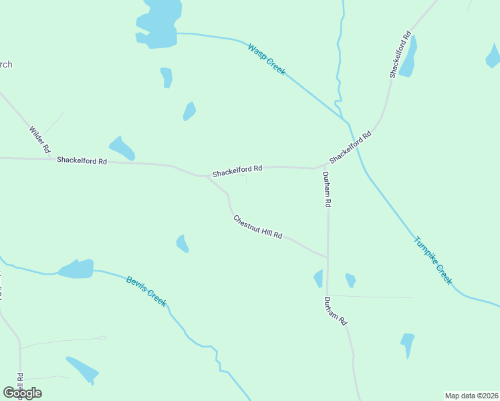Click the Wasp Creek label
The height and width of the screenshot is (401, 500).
(x=266, y=59)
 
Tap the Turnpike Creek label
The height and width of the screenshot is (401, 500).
(x=433, y=261)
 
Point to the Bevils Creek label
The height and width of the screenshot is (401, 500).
(x=146, y=291)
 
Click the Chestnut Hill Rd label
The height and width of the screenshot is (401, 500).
(x=258, y=227)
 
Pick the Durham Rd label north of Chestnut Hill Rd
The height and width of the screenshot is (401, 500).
(x=327, y=188)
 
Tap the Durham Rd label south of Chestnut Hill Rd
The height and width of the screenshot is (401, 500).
(x=336, y=311)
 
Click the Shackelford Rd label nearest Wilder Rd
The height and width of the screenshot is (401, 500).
(x=82, y=160)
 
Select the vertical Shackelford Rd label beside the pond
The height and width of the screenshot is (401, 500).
(x=399, y=55)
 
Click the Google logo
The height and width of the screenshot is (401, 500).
(x=22, y=392)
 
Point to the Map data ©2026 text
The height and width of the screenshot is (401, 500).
(x=471, y=396)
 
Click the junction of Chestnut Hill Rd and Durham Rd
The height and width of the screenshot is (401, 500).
(x=328, y=257)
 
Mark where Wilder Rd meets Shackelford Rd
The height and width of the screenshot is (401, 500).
(x=52, y=159)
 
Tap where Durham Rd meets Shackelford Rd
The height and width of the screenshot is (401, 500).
(x=318, y=168)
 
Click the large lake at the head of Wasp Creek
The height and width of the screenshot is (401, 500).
(x=159, y=23)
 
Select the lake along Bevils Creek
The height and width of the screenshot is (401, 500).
(x=76, y=269)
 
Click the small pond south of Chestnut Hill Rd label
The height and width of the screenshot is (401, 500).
(x=182, y=243)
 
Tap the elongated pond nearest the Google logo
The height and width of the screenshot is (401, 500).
(x=82, y=369)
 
